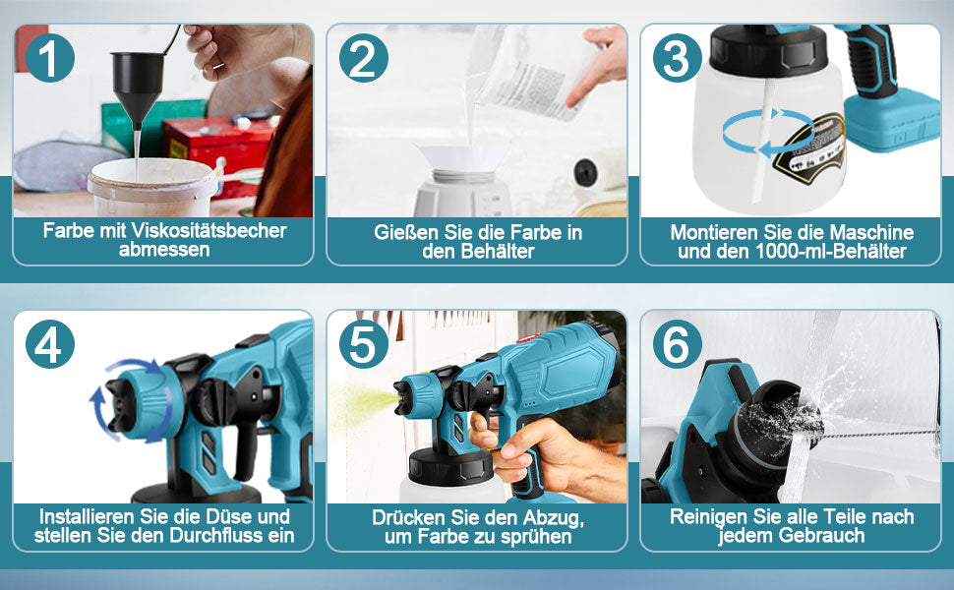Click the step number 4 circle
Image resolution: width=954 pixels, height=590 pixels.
[x=50, y=344]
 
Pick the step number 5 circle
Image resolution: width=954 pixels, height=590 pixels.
[x=363, y=344]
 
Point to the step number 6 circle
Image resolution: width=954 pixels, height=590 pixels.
[x=678, y=344]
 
